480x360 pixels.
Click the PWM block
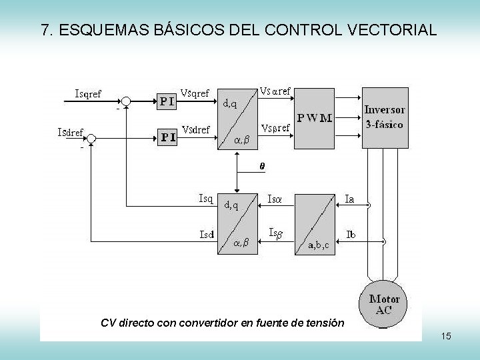coord(314,118)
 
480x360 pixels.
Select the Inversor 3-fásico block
coord(383,117)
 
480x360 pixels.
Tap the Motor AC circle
coord(384,305)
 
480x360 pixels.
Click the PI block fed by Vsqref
coord(167,101)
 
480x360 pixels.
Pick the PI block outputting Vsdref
coord(167,137)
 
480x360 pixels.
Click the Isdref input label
coord(69,132)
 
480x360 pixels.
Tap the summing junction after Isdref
coord(91,138)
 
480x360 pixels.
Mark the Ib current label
coord(351,234)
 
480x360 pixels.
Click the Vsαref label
coord(275,91)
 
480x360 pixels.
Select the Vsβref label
coord(275,127)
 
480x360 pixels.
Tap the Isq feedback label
coord(205,198)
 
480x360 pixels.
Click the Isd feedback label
coord(206,234)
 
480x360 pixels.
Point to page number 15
coord(446,336)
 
